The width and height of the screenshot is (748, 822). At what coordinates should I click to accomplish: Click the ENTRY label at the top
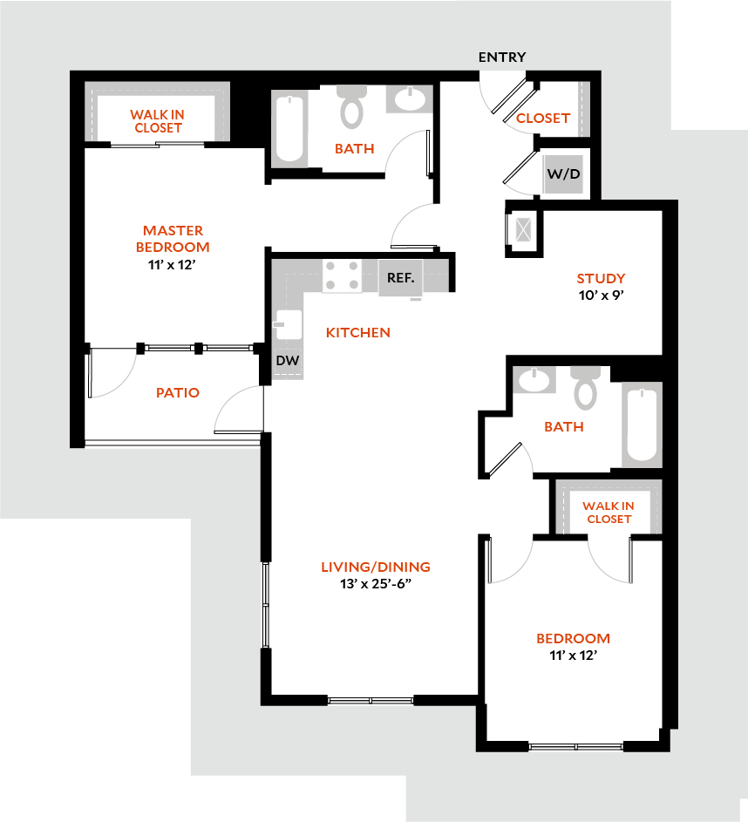502,58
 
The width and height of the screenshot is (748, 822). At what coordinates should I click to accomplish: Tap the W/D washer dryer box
563,173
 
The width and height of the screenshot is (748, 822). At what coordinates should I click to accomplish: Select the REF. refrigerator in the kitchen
401,277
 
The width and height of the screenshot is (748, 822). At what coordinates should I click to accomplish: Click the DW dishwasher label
286,360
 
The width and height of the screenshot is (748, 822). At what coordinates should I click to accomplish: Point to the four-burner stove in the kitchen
343,276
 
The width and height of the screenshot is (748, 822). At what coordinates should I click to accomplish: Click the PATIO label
178,393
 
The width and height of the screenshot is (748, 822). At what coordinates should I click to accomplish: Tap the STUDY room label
601,279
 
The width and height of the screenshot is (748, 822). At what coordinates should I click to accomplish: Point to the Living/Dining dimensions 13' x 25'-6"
375,584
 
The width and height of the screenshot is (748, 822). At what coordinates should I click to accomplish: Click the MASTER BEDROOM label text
173,238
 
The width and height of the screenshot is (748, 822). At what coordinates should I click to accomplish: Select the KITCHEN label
357,333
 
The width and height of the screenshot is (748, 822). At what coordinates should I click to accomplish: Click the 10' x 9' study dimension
601,295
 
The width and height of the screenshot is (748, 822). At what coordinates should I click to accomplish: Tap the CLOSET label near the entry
543,119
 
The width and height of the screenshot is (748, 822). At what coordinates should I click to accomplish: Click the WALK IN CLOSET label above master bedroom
158,121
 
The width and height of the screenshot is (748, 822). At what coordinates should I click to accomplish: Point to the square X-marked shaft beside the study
522,229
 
